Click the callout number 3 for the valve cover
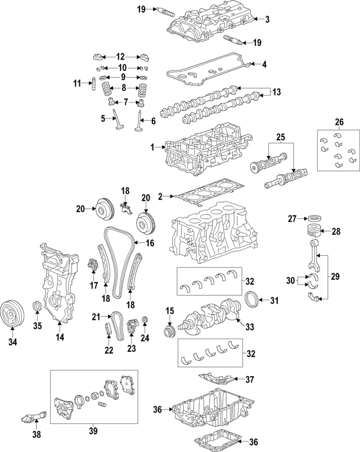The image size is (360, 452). coord(267,20)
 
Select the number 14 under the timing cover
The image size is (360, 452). coord(59,337)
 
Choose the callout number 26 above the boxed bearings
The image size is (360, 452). coord(339,122)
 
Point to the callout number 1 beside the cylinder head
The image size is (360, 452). coord(152,147)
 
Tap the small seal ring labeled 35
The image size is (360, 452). coord(37,306)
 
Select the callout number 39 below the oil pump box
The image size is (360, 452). coord(93,431)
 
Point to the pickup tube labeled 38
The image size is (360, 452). coord(31,419)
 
